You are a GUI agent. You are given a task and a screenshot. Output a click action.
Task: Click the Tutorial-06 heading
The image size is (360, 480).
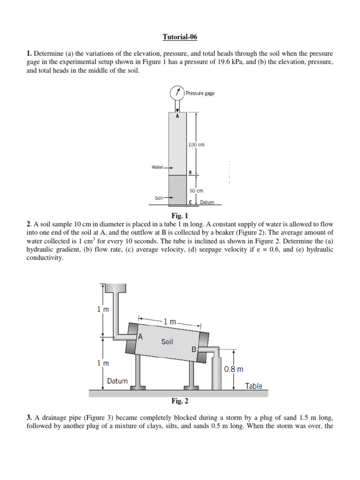click(x=180, y=37)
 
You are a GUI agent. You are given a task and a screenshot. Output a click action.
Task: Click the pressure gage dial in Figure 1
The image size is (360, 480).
click(x=177, y=92)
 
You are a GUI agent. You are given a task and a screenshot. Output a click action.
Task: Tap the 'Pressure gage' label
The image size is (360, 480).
click(x=200, y=93)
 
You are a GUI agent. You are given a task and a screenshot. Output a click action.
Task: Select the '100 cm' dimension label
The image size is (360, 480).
click(x=196, y=145)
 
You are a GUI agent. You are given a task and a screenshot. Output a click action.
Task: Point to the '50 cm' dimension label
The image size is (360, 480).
click(x=196, y=191)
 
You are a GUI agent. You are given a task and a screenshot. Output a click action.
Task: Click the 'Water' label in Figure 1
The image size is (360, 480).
click(x=157, y=167)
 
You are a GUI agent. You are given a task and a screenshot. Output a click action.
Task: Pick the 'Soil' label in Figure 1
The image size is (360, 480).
click(x=158, y=198)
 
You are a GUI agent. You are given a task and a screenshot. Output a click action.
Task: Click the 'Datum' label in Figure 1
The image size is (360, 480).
click(x=207, y=202)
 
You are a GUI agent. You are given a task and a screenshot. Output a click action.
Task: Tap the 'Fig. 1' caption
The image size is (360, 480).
click(x=180, y=216)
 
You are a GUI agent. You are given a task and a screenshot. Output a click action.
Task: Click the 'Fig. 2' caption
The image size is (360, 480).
click(x=180, y=401)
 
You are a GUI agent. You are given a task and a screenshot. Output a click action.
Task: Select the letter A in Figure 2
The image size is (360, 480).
click(x=140, y=336)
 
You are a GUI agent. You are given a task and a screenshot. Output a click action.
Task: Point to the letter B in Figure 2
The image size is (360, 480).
click(x=194, y=350)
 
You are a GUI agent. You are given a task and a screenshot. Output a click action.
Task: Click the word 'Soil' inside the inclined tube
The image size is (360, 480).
click(x=167, y=342)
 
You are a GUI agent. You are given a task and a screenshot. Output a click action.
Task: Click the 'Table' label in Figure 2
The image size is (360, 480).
click(x=254, y=386)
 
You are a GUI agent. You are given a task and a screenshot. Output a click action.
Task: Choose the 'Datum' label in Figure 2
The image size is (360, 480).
click(x=117, y=381)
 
